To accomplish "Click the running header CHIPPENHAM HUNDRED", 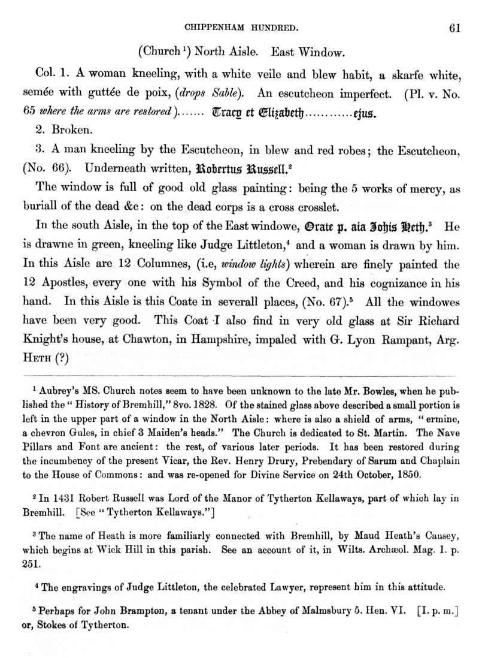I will (x=242, y=27).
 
